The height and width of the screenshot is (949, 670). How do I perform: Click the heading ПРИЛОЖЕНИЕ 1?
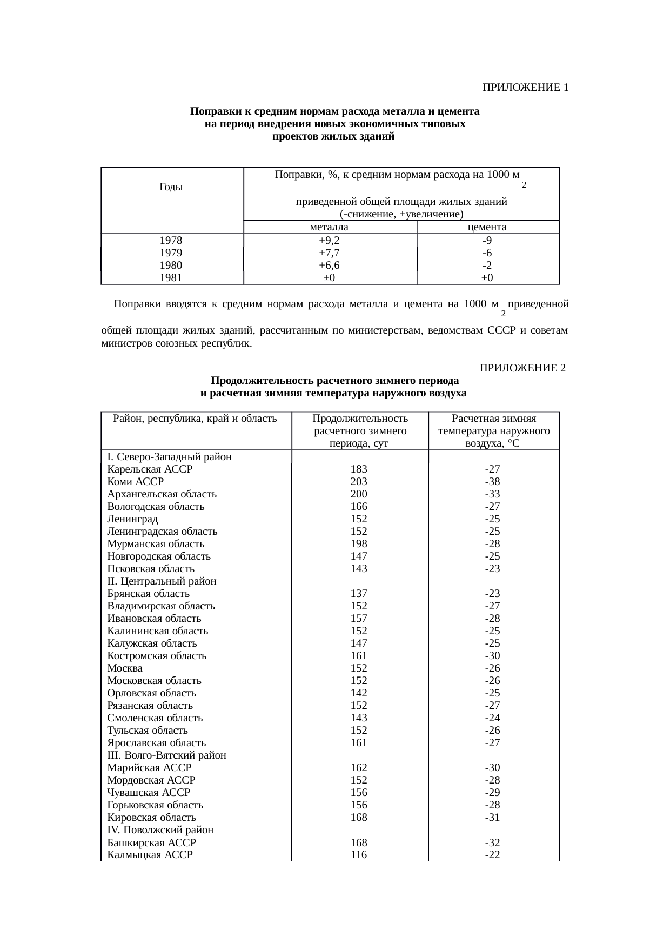[x=525, y=88]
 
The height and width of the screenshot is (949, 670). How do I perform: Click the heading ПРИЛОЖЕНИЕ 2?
[x=522, y=368]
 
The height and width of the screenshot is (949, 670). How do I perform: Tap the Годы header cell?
[x=171, y=187]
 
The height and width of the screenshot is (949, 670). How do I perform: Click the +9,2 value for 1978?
[x=329, y=241]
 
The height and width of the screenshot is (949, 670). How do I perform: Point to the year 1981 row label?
[x=171, y=278]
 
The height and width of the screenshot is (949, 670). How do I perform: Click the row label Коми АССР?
[x=135, y=481]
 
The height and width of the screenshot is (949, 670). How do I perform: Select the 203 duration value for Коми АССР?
[x=359, y=481]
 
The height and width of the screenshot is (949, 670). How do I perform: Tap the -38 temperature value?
[x=492, y=481]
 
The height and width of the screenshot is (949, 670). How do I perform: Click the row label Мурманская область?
[x=156, y=543]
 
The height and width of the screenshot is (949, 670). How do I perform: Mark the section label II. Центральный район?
[x=162, y=581]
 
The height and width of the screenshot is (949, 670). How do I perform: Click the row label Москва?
[x=125, y=668]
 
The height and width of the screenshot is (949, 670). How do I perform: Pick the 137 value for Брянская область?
[x=359, y=593]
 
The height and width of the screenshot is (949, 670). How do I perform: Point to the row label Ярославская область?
[x=156, y=742]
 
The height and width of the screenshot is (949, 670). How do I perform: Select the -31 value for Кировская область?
[x=492, y=817]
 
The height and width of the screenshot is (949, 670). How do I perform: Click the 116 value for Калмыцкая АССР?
[x=359, y=854]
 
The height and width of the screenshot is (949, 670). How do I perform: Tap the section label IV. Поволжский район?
[x=160, y=829]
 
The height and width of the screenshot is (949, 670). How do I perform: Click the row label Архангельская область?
[x=162, y=494]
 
